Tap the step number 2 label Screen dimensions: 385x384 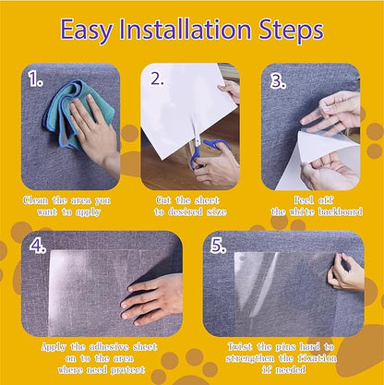pos(158,79)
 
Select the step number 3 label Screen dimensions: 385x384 pos(278,79)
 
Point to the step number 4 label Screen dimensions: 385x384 pos(37,247)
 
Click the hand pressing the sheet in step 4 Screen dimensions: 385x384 pos(152,298)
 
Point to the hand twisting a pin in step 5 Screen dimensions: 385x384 pos(346,272)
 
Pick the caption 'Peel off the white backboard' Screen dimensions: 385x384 pos(311,206)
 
